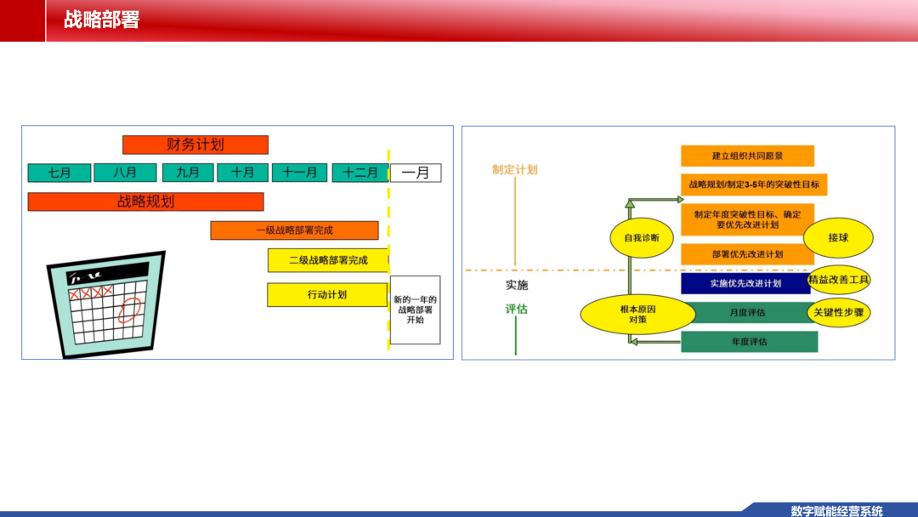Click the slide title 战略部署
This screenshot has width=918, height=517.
(x=101, y=20)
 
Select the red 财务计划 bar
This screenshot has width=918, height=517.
(x=195, y=145)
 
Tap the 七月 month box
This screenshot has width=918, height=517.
(x=59, y=173)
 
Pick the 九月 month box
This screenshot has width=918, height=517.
(x=187, y=173)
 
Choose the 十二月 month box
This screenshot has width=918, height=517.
(x=360, y=173)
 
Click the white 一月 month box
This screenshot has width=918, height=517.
(x=416, y=173)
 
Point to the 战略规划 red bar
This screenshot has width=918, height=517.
(x=146, y=202)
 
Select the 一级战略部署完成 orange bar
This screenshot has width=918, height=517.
(x=294, y=230)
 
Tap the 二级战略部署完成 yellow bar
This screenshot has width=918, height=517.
(x=328, y=260)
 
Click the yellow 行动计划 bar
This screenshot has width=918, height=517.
(x=327, y=294)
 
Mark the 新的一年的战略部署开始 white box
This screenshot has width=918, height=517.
(x=415, y=310)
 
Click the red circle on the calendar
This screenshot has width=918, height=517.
(x=129, y=310)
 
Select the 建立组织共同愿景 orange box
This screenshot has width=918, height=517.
(x=748, y=156)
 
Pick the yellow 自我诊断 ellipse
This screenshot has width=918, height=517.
(x=642, y=238)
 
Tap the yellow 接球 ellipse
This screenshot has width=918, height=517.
(x=838, y=238)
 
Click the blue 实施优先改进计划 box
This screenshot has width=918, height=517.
(x=746, y=283)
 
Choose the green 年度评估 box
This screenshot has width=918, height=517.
(x=750, y=341)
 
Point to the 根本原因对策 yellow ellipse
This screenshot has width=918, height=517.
(x=638, y=315)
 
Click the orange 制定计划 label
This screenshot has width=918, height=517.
(x=514, y=170)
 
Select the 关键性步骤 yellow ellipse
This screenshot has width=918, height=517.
(x=838, y=313)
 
